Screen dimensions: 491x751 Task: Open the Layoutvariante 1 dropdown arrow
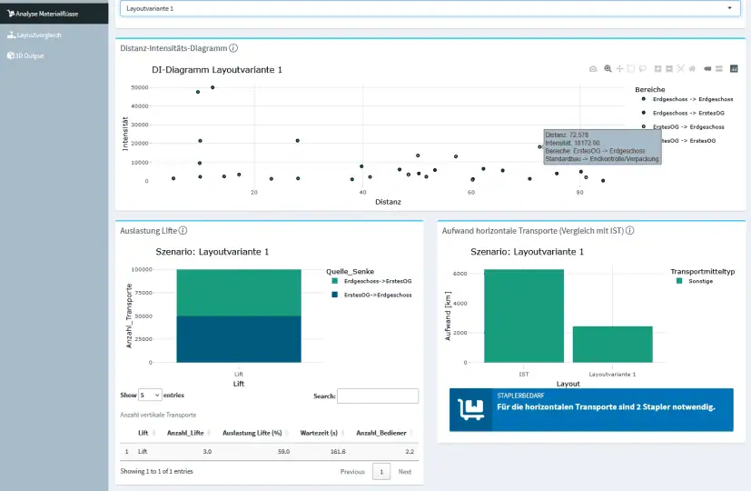(x=730, y=8)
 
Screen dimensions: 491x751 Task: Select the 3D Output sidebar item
(x=30, y=55)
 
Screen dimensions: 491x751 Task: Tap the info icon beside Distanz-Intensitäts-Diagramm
(x=233, y=48)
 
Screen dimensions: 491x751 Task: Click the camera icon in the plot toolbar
(x=593, y=68)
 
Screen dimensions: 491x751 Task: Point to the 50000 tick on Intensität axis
(x=139, y=88)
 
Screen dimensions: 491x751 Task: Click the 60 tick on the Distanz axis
(x=471, y=192)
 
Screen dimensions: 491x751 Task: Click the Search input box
(x=378, y=396)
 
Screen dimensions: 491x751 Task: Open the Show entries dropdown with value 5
(x=150, y=396)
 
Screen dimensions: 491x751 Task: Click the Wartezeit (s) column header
(x=319, y=433)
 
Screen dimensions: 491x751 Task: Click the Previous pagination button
(x=352, y=471)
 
